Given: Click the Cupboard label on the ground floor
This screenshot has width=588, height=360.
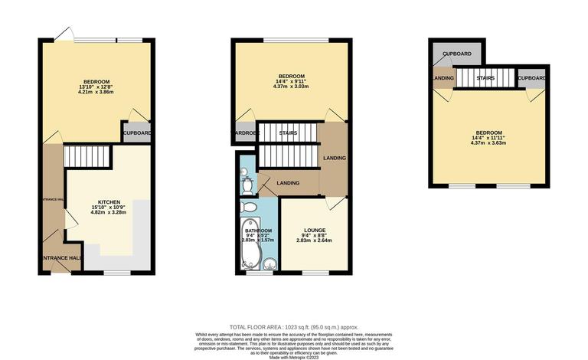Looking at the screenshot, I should [137, 133].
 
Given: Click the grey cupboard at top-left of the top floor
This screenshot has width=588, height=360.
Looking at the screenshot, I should [458, 55].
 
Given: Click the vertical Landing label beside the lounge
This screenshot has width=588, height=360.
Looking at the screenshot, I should [334, 159].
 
